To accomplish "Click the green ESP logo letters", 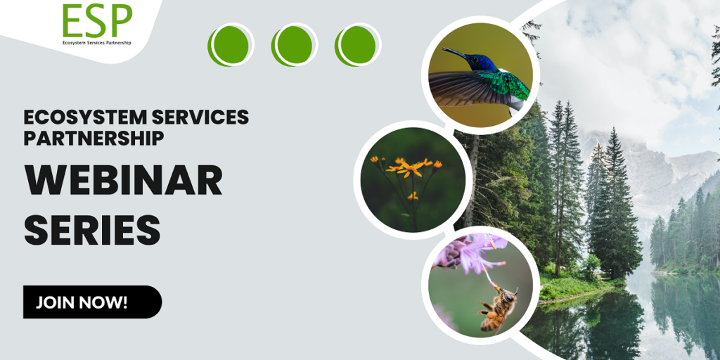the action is (x=97, y=20).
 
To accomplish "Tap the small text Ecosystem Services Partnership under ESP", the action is (x=97, y=43).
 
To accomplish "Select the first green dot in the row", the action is (x=231, y=45).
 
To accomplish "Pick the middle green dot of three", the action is (x=295, y=45).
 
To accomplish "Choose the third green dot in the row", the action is (x=358, y=45).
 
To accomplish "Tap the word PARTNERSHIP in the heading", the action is (x=94, y=138).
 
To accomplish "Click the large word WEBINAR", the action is (x=123, y=181).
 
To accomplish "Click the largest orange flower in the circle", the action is (x=410, y=169).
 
